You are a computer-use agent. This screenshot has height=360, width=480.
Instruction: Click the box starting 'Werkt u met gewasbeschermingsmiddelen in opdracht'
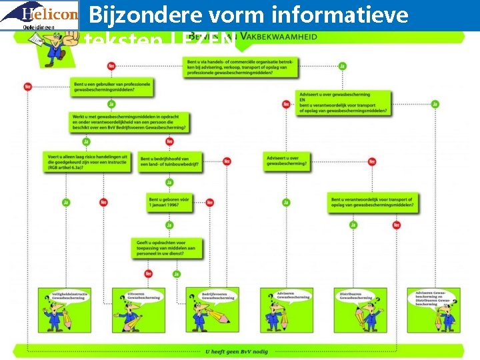coord(128,121)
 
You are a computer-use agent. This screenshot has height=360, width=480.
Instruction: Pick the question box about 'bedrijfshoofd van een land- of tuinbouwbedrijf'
coord(171,163)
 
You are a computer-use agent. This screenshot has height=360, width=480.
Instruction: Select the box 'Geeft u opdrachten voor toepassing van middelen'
coord(167,249)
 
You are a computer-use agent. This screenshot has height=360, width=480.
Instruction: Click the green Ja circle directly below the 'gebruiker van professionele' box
coord(111,104)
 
